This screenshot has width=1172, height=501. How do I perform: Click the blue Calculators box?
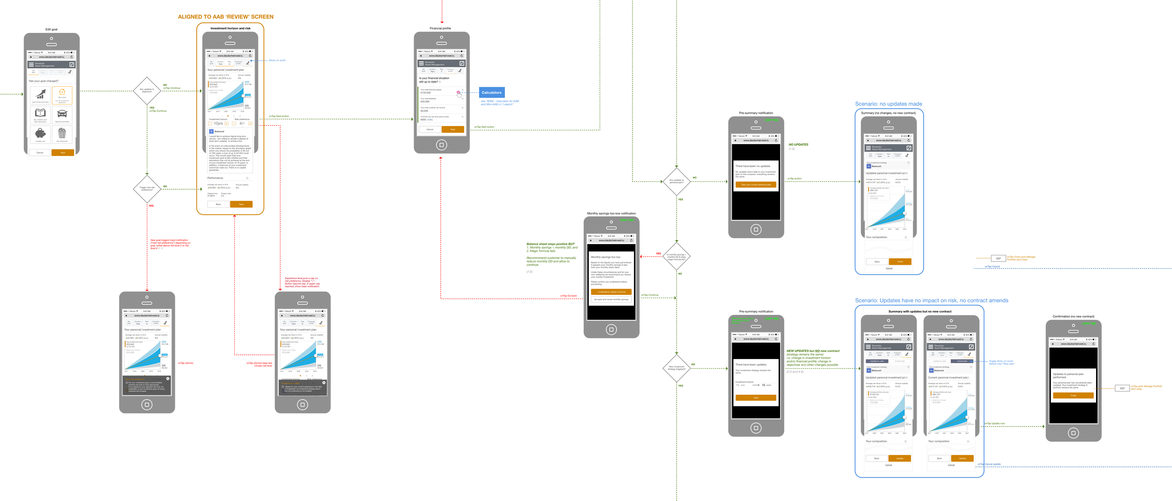pyautogui.click(x=492, y=92)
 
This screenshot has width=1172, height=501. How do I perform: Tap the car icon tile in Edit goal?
pyautogui.click(x=62, y=114)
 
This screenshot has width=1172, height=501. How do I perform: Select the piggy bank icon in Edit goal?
pyautogui.click(x=40, y=134)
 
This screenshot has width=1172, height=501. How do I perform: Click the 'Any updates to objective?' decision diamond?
pyautogui.click(x=147, y=90)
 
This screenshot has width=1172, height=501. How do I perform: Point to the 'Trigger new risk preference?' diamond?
pyautogui.click(x=147, y=189)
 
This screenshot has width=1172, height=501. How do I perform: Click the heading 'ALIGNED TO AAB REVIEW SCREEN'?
pyautogui.click(x=225, y=17)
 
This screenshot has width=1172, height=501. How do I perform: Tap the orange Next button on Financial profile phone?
pyautogui.click(x=452, y=129)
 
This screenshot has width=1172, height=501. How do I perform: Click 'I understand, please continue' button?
pyautogui.click(x=611, y=292)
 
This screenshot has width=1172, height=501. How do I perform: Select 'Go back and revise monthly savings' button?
pyautogui.click(x=611, y=299)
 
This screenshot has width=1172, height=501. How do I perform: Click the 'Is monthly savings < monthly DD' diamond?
pyautogui.click(x=676, y=256)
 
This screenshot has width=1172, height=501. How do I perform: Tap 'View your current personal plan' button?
pyautogui.click(x=756, y=185)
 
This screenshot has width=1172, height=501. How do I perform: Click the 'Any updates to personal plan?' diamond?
pyautogui.click(x=676, y=181)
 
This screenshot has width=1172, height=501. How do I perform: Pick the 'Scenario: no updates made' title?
pyautogui.click(x=888, y=104)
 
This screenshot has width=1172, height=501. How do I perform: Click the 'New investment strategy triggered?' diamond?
pyautogui.click(x=676, y=368)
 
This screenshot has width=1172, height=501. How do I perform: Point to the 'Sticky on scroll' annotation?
pyautogui.click(x=277, y=60)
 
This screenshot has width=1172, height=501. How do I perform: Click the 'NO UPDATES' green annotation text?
pyautogui.click(x=798, y=145)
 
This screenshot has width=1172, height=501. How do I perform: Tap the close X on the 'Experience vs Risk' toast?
pyautogui.click(x=324, y=382)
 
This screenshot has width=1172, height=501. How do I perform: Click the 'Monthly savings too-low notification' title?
pyautogui.click(x=611, y=214)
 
